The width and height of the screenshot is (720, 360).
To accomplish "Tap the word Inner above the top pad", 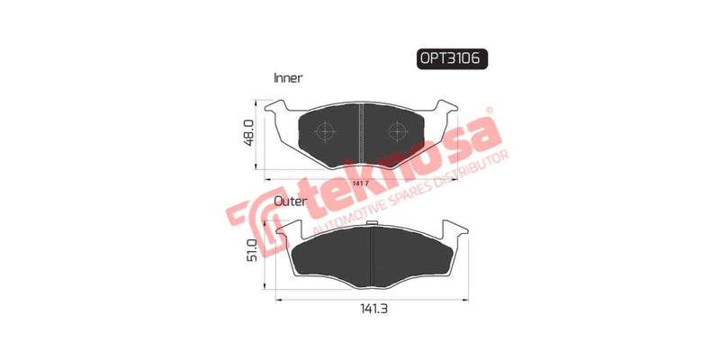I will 288,78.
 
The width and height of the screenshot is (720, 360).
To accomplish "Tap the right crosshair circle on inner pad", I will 395,131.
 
